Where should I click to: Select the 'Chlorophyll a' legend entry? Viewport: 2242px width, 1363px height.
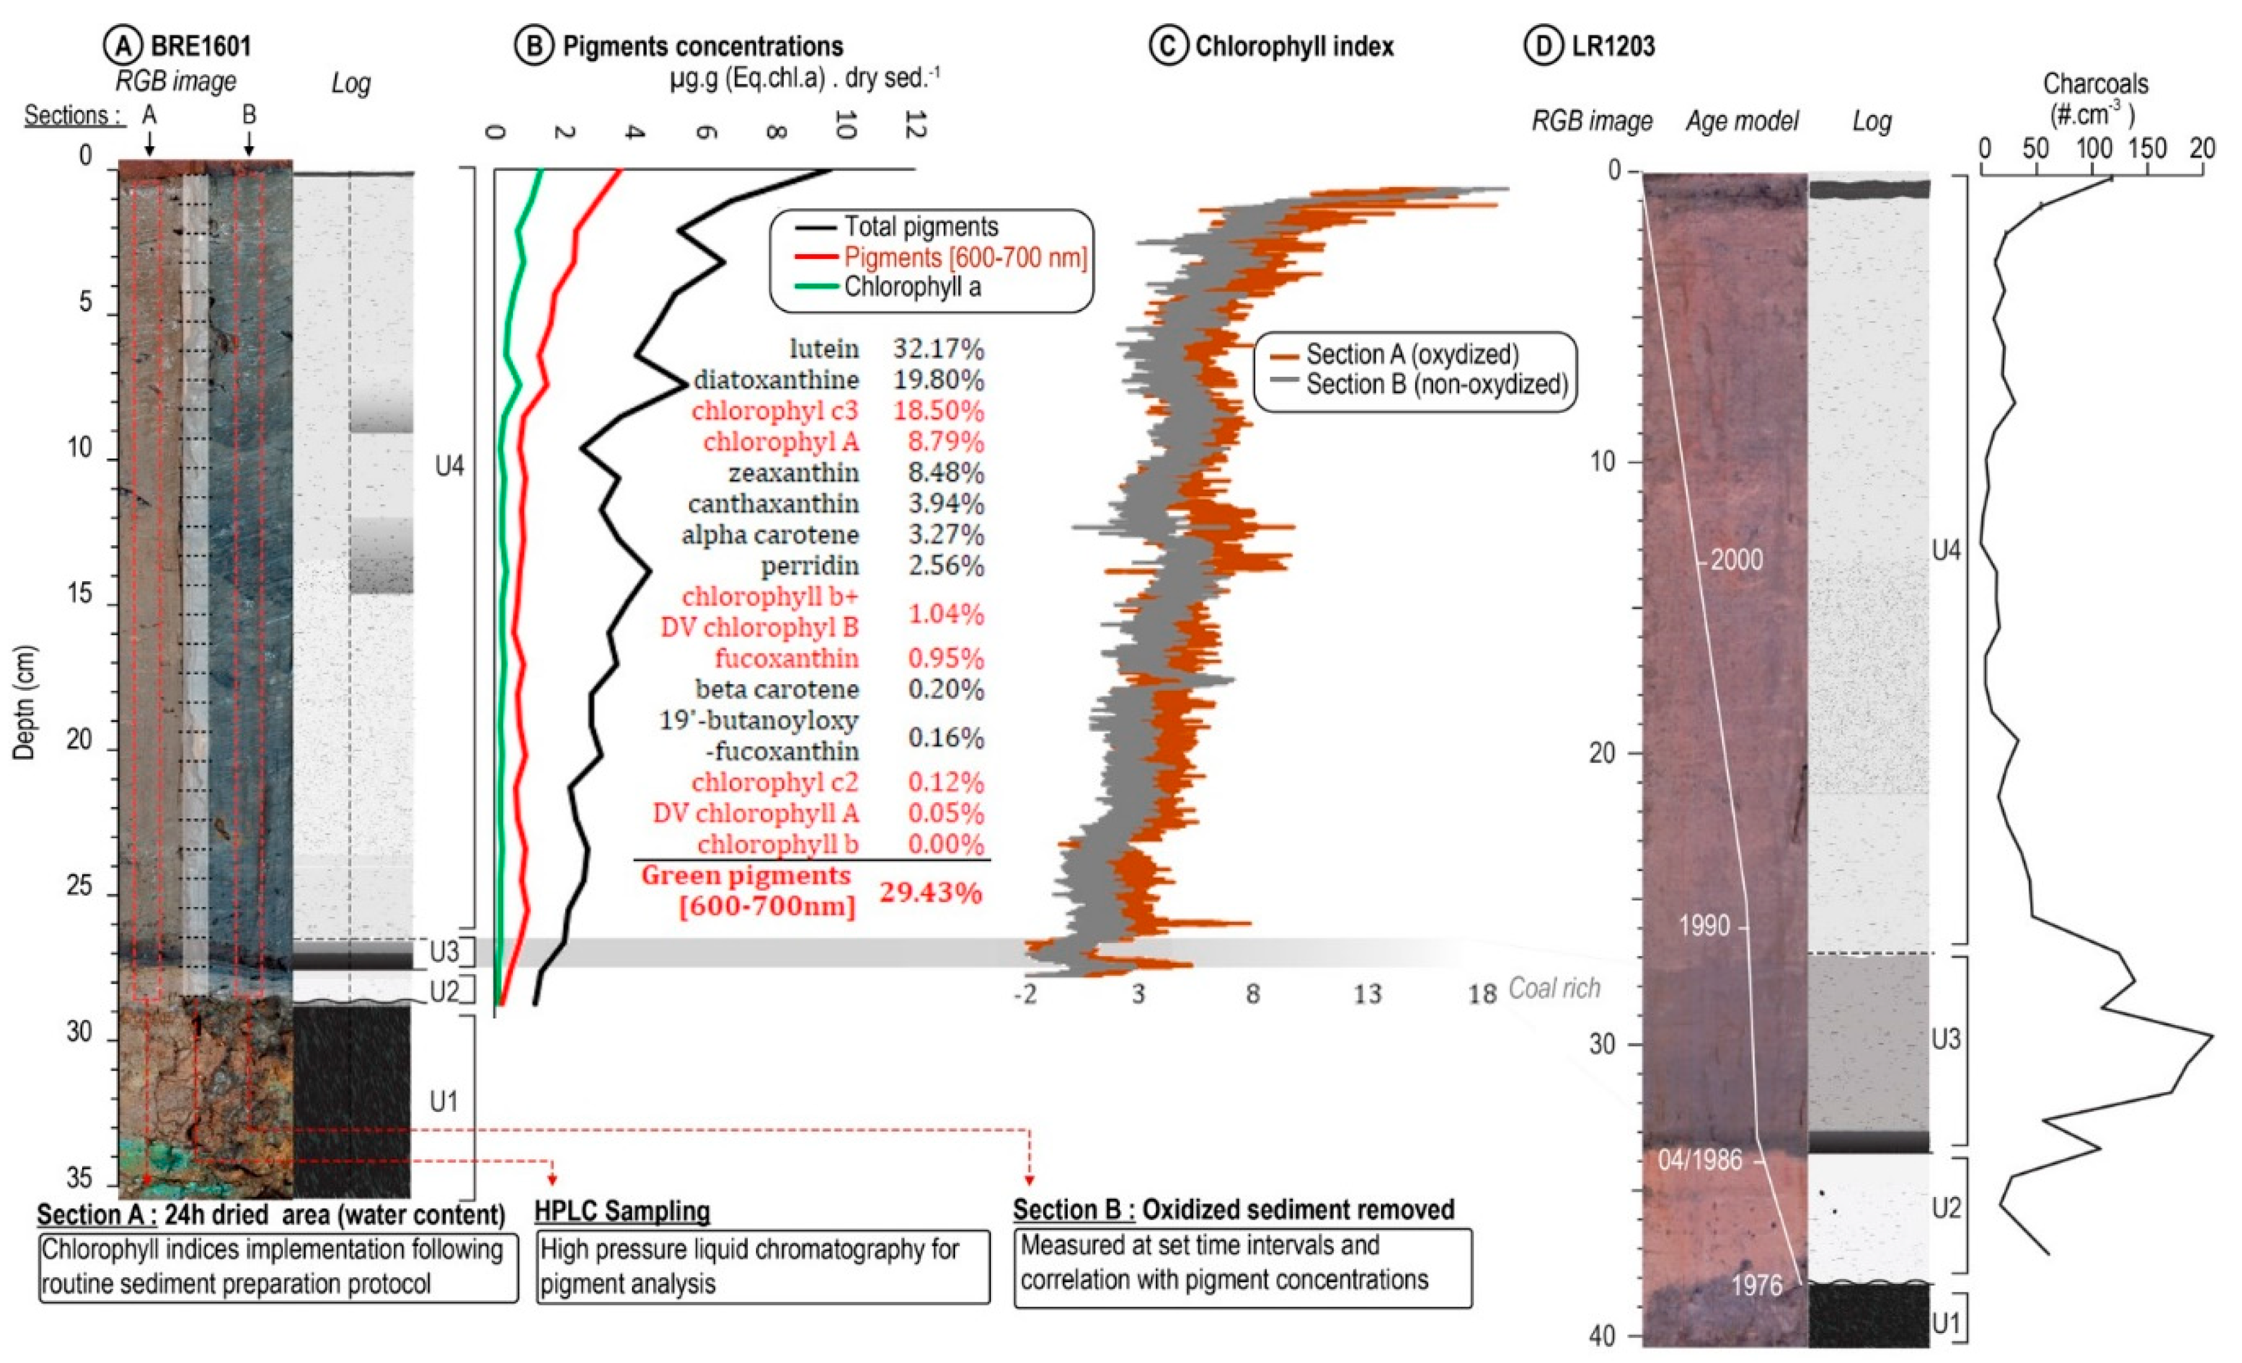point(912,288)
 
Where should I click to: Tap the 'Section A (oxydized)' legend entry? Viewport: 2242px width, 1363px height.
point(1411,354)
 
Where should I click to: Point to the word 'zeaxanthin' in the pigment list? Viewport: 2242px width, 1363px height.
point(793,473)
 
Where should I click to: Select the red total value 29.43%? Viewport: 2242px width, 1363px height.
point(930,893)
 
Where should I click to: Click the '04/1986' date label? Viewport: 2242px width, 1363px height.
point(1700,1160)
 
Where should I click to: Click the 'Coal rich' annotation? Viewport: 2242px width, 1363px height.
point(1554,988)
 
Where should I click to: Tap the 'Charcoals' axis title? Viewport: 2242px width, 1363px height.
point(2095,84)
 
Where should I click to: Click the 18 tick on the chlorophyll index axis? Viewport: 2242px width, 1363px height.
point(1481,993)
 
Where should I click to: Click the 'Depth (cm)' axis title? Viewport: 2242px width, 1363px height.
point(25,702)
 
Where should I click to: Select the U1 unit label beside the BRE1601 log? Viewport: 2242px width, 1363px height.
point(444,1102)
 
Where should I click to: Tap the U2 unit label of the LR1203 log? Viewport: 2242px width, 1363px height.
point(1945,1208)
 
